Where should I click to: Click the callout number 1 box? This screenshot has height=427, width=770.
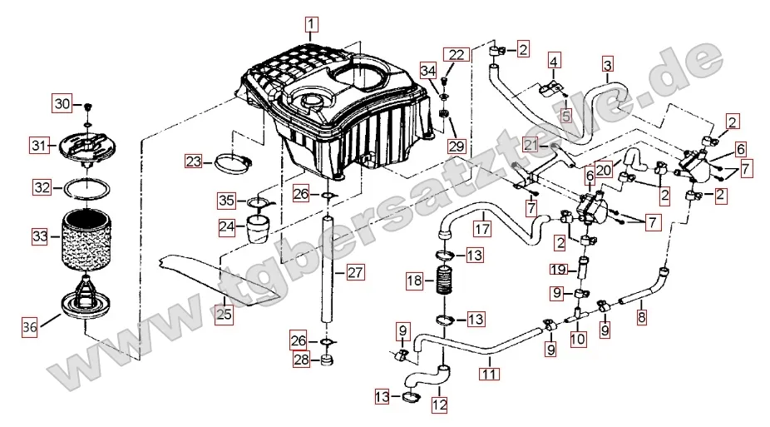tap(310, 24)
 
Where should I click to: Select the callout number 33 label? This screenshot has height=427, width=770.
tap(40, 237)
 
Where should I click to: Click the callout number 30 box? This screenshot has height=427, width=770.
tap(62, 104)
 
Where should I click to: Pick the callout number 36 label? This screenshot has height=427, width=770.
tap(30, 327)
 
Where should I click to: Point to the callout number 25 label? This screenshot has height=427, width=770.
tap(224, 314)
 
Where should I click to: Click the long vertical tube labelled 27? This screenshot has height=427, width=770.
tap(328, 275)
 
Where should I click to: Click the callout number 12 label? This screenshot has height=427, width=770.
tap(439, 405)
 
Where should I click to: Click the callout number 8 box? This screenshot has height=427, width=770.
tap(641, 316)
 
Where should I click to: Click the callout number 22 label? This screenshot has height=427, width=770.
tap(457, 55)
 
